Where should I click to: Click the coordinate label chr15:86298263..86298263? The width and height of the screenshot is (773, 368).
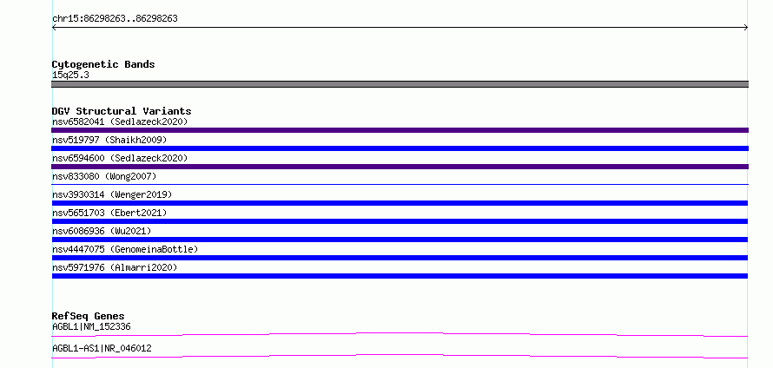(115, 19)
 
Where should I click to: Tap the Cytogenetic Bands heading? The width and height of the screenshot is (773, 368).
(103, 64)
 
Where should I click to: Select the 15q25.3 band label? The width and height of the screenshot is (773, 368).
(70, 76)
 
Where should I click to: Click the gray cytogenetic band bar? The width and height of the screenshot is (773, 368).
(400, 84)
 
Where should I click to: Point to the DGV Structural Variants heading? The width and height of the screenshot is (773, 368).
(122, 111)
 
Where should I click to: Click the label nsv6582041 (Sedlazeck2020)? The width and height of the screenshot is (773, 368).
(120, 122)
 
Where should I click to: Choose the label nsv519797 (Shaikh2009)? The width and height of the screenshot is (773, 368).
(109, 140)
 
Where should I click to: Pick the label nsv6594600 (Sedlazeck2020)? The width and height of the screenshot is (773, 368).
(120, 158)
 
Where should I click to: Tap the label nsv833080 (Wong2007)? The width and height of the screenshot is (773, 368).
(104, 176)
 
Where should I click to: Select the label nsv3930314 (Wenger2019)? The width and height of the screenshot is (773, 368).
(112, 194)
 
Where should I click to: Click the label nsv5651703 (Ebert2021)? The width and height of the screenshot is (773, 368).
(109, 213)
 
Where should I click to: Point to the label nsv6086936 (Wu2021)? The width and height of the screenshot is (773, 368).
(102, 231)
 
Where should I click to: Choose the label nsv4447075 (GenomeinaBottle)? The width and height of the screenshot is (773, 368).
(125, 249)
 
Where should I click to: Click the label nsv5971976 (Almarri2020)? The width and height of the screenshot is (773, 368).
(115, 267)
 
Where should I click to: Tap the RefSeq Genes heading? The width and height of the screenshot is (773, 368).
(89, 316)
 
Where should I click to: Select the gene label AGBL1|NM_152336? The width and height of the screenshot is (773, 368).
(91, 326)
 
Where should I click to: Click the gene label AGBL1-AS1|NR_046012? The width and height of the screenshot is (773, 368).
(102, 348)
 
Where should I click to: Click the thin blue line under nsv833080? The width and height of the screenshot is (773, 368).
(400, 184)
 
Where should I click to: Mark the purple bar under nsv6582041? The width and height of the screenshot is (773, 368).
(400, 130)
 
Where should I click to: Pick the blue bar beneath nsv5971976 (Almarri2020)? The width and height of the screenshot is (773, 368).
(400, 276)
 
